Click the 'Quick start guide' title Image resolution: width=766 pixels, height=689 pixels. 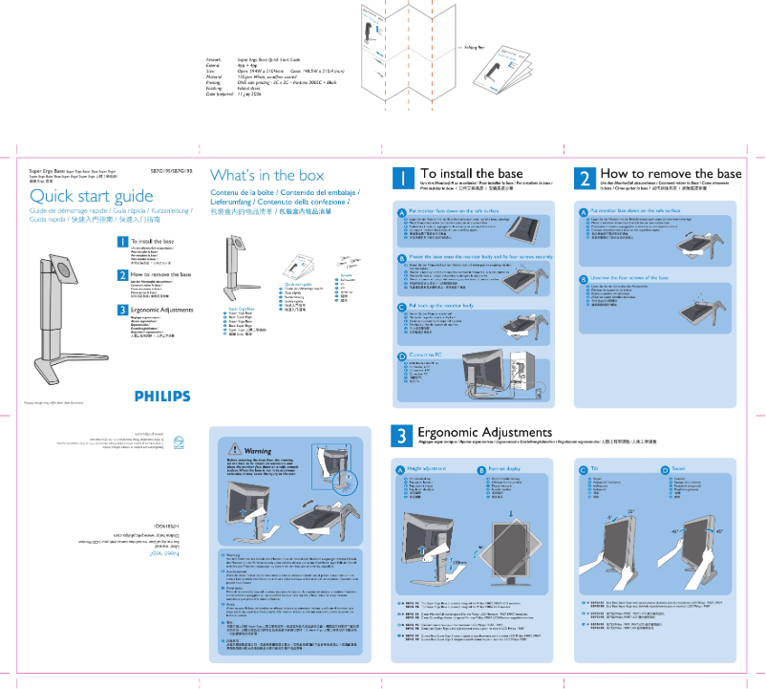click(92, 197)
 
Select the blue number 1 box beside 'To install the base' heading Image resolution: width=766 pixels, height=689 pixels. click(405, 179)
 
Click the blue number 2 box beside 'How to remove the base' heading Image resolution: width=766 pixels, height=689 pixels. click(585, 179)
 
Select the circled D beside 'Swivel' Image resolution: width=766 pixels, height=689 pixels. click(665, 470)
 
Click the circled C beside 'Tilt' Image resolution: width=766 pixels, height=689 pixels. click(583, 470)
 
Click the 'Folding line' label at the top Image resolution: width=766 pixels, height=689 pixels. click(476, 46)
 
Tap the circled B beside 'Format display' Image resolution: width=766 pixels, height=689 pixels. click(480, 470)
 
